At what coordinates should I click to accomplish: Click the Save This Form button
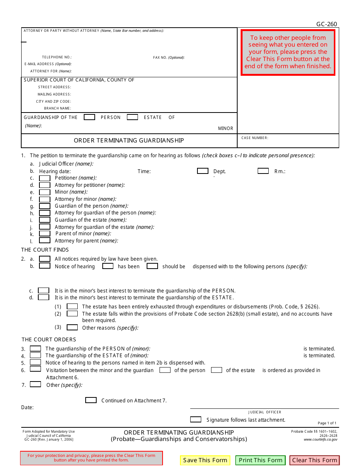click(x=205, y=460)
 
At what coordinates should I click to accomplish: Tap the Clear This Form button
click(x=315, y=460)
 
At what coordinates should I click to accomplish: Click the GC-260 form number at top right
click(x=326, y=24)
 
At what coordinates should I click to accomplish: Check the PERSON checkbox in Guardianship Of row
click(x=89, y=117)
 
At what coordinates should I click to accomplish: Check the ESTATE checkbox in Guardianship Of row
click(x=132, y=117)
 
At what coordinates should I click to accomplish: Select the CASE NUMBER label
click(x=255, y=138)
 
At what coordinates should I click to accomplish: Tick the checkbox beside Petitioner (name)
click(x=45, y=178)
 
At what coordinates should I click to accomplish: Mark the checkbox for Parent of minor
click(x=45, y=234)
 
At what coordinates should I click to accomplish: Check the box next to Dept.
click(x=203, y=171)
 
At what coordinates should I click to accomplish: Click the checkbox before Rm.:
click(x=263, y=171)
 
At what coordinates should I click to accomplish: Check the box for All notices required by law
click(x=45, y=259)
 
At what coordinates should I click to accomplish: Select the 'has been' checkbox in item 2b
click(x=108, y=266)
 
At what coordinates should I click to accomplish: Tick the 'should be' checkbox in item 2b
click(x=152, y=266)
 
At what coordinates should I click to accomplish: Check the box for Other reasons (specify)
click(x=72, y=327)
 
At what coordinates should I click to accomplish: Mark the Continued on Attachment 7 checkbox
click(x=91, y=400)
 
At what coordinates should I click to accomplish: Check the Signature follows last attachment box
click(x=196, y=419)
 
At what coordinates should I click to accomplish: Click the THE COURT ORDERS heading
click(x=49, y=339)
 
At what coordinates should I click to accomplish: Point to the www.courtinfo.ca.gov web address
click(x=320, y=439)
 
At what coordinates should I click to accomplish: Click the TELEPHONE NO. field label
click(x=57, y=57)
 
